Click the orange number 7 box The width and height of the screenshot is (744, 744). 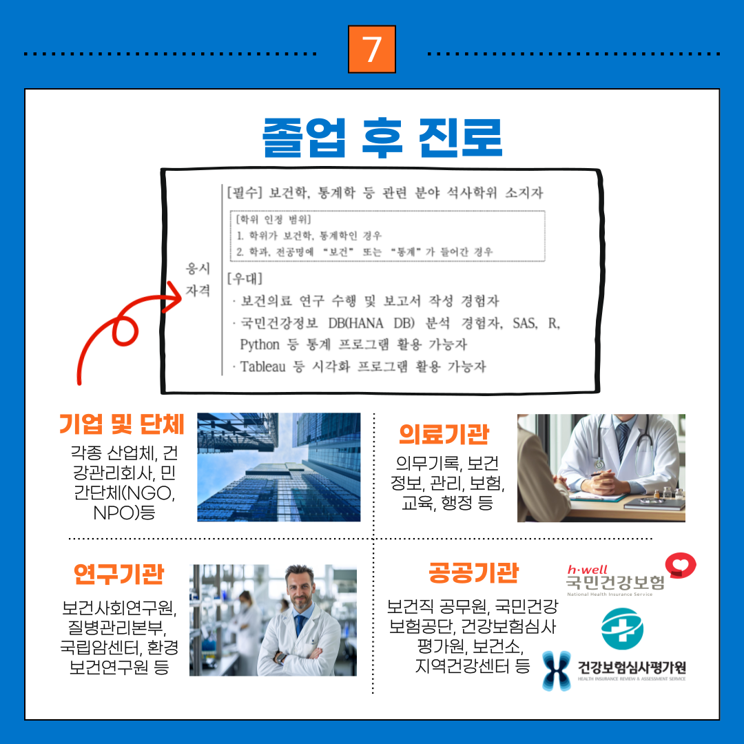tap(371, 50)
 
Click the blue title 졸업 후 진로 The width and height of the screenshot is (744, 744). tap(382, 138)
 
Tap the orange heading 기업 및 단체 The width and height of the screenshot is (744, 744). tap(121, 424)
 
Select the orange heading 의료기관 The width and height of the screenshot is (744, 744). tap(444, 434)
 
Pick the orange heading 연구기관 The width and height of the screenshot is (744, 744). tap(118, 574)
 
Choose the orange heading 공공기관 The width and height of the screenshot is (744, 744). tap(473, 572)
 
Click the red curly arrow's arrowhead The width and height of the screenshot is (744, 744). tap(173, 297)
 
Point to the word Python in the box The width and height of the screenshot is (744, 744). tap(260, 344)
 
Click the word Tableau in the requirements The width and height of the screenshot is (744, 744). tap(263, 366)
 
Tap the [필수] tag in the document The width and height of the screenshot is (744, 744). tap(245, 192)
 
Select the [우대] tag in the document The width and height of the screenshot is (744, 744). tap(245, 278)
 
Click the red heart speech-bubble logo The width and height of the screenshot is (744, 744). tap(681, 565)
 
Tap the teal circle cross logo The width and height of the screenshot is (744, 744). tap(622, 629)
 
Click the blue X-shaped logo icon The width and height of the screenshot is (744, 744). tap(557, 670)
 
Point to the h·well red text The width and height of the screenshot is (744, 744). tap(588, 570)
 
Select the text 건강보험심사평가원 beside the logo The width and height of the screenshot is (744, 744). tap(632, 667)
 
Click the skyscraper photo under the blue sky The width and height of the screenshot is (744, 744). tap(278, 467)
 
